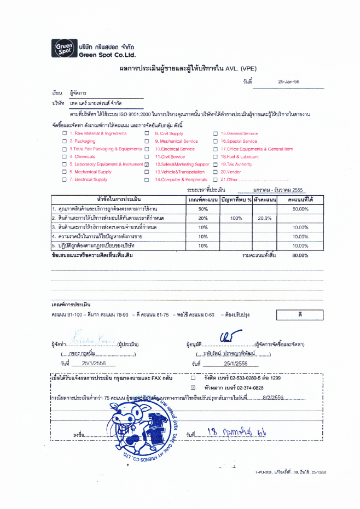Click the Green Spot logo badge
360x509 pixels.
[62, 49]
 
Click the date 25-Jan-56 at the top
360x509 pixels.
[289, 81]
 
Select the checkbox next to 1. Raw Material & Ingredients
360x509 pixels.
[65, 133]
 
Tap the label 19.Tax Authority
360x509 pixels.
[236, 164]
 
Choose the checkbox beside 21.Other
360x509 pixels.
[216, 179]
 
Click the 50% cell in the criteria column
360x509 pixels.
[203, 209]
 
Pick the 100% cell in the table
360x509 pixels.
[236, 218]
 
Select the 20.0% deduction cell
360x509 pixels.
[265, 218]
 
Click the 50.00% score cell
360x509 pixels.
[300, 209]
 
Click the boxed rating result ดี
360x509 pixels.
[300, 315]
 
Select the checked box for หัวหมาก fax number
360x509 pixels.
[193, 387]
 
